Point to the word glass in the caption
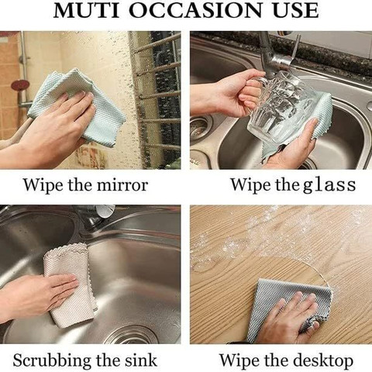(329, 185)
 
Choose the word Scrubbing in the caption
(53, 360)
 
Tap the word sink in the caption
(141, 360)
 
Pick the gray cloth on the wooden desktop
(289, 310)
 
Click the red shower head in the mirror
(20, 84)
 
